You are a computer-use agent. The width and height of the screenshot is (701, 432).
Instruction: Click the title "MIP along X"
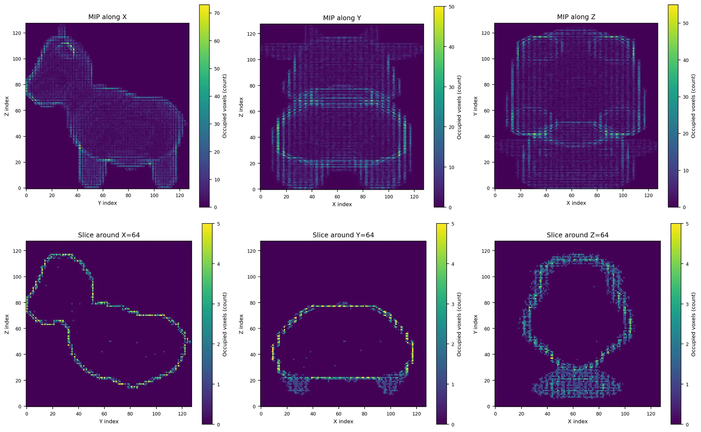click(107, 17)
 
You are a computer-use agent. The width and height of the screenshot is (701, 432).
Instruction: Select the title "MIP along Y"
click(342, 18)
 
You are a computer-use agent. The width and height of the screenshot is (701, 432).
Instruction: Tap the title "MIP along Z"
click(576, 17)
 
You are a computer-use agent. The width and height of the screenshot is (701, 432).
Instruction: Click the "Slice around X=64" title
click(109, 235)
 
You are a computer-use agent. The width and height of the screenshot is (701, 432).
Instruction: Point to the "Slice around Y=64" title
click(343, 235)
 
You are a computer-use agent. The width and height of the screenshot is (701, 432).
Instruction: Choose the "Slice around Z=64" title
click(577, 235)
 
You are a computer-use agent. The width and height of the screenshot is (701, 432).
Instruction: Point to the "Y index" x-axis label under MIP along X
click(107, 203)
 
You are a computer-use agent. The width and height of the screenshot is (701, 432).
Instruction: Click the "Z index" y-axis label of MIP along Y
click(241, 107)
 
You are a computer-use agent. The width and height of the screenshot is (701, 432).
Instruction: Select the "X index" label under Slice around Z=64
click(577, 421)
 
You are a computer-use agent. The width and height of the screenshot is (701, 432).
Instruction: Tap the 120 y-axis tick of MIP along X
click(20, 33)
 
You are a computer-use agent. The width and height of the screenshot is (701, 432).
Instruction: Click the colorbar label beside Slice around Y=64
click(459, 324)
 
